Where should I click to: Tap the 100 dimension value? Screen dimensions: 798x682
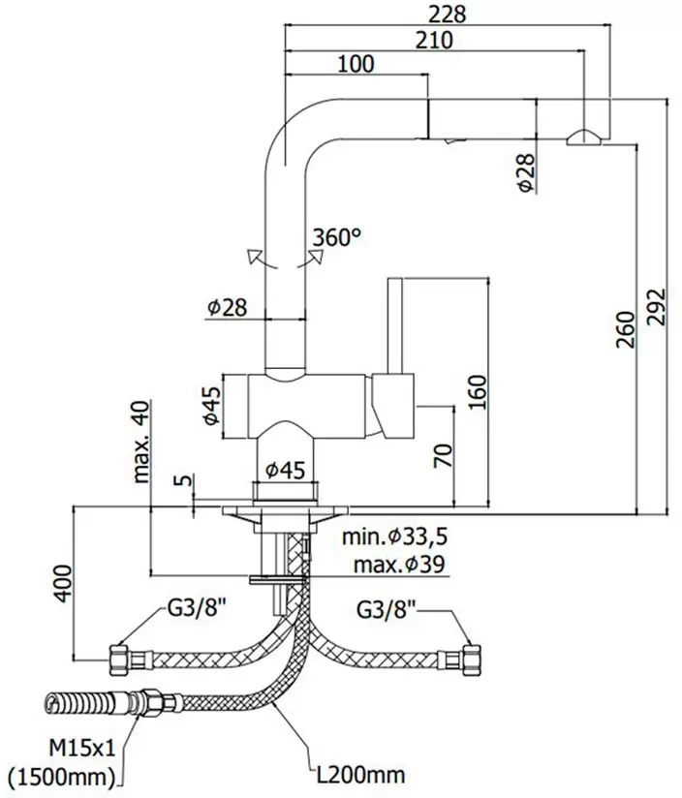coord(356,65)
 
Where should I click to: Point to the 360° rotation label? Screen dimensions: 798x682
coord(336,235)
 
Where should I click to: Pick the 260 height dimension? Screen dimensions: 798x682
coord(625,329)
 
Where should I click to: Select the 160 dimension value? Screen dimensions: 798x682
coord(476,391)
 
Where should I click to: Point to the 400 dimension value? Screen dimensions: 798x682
coord(61,583)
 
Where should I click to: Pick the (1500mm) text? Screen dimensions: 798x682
coord(60,776)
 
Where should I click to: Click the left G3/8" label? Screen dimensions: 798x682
coord(197,610)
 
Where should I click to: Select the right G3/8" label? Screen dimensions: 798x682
coord(386,610)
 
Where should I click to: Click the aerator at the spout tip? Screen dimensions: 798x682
coord(584,138)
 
